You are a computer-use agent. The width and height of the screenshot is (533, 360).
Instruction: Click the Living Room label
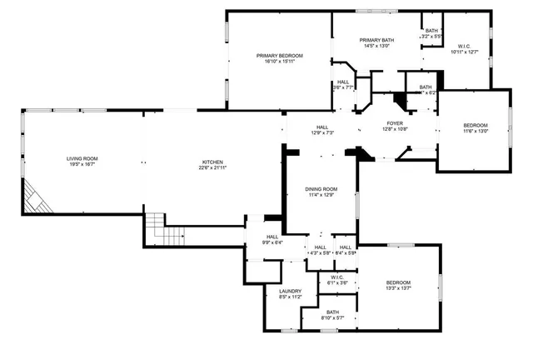point(83,158)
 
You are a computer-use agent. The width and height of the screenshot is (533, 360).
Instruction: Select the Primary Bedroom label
point(279,56)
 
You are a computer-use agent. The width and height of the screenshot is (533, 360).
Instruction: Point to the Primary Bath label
point(376,40)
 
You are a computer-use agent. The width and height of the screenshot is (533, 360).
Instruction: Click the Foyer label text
point(394,122)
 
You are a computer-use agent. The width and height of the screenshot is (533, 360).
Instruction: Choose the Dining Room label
point(321,189)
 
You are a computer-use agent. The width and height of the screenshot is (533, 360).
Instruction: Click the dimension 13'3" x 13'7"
point(397,289)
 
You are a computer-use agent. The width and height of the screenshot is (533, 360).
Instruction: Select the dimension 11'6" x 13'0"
point(476,129)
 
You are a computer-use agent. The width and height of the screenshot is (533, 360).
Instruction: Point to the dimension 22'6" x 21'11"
point(213,167)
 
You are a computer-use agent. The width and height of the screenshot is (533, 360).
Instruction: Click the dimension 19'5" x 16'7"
point(83,164)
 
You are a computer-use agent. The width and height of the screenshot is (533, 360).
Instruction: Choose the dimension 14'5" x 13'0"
point(376,46)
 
